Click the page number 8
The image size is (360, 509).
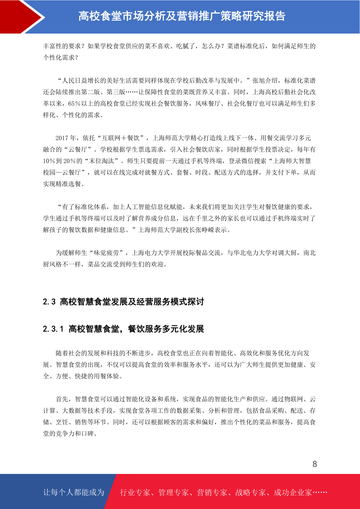point(314,464)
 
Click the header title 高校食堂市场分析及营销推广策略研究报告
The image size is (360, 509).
point(182,16)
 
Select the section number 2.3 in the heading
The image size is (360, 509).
point(49,302)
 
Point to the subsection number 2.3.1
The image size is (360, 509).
point(53,329)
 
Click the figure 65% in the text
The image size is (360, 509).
point(74,104)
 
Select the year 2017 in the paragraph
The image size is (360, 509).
point(62,138)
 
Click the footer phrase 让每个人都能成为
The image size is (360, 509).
point(74,492)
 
